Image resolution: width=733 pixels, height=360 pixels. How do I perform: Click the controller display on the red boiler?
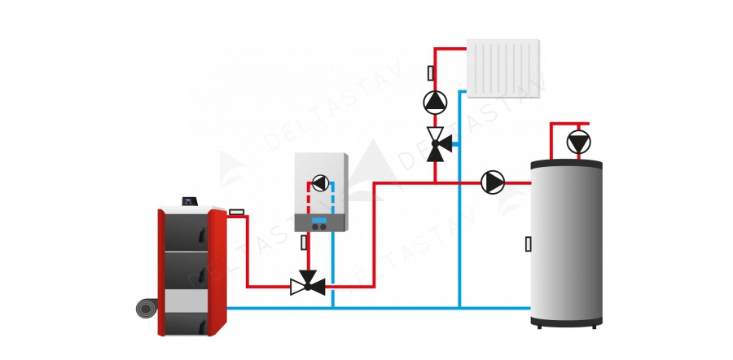pos(191,200)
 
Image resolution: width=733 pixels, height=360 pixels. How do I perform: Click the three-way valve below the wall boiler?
pos(308,286)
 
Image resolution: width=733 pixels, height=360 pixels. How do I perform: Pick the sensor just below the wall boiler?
pos(305,242)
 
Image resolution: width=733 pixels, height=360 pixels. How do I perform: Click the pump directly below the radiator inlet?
pos(435,101)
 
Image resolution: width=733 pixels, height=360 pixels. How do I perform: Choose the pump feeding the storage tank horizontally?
pos(493,182)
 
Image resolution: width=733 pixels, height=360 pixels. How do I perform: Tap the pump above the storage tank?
pos(578,143)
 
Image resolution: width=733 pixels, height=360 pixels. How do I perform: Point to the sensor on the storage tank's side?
pos(529,243)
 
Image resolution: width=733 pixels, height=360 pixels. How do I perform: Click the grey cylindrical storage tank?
pos(567,244)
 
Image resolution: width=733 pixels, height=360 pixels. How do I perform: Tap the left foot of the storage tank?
pos(539,325)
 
